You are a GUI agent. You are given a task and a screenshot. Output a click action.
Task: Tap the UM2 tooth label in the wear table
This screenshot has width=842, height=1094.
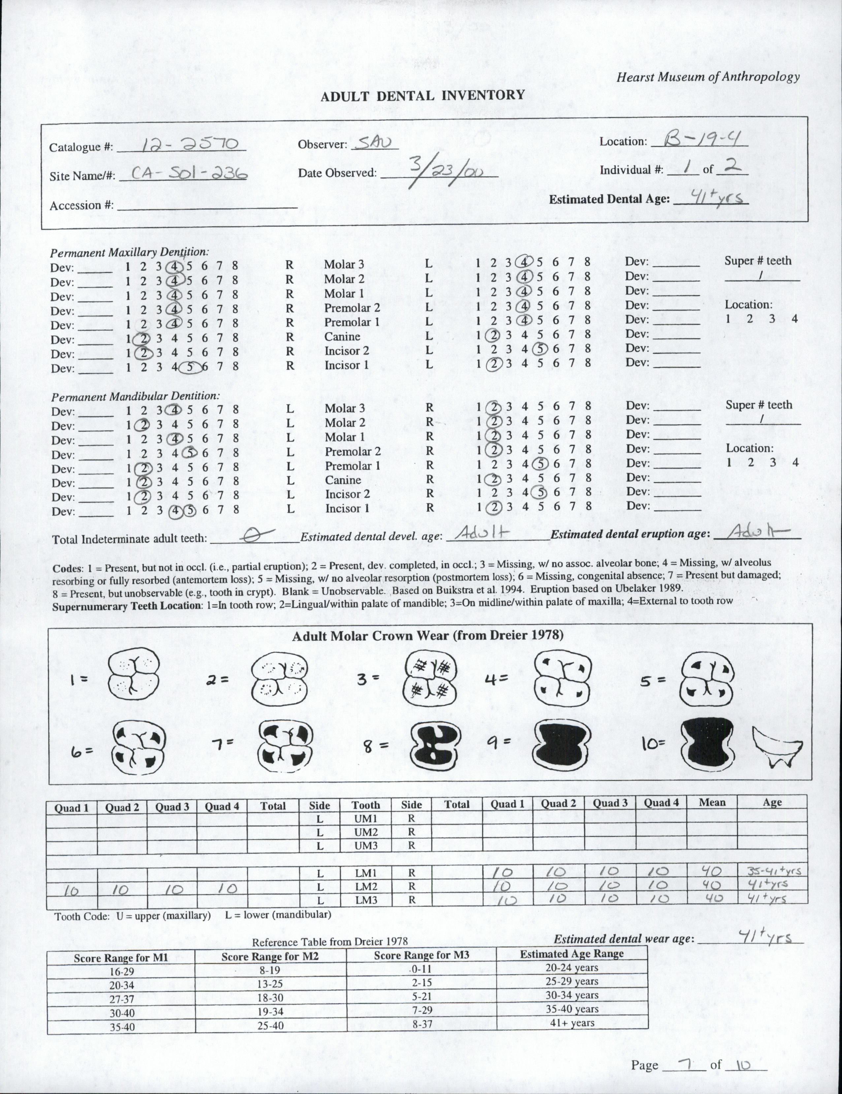coord(365,831)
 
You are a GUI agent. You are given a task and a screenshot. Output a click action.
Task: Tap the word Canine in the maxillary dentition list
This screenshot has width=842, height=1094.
coord(342,337)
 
